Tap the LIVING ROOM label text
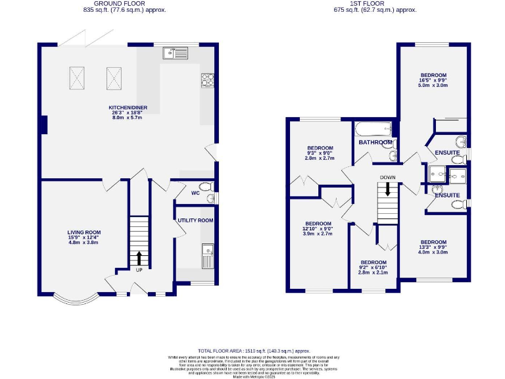click(x=84, y=232)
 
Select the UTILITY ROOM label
click(x=195, y=220)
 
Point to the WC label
click(x=195, y=193)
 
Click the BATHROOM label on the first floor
click(x=375, y=142)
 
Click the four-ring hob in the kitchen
click(x=207, y=79)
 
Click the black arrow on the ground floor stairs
click(x=139, y=257)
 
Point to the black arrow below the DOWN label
click(x=388, y=189)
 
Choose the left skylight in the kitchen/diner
click(x=78, y=77)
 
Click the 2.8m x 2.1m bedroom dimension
click(x=373, y=272)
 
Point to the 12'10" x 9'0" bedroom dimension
click(x=318, y=228)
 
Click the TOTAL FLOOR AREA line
click(x=252, y=352)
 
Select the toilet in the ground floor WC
click(x=208, y=186)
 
